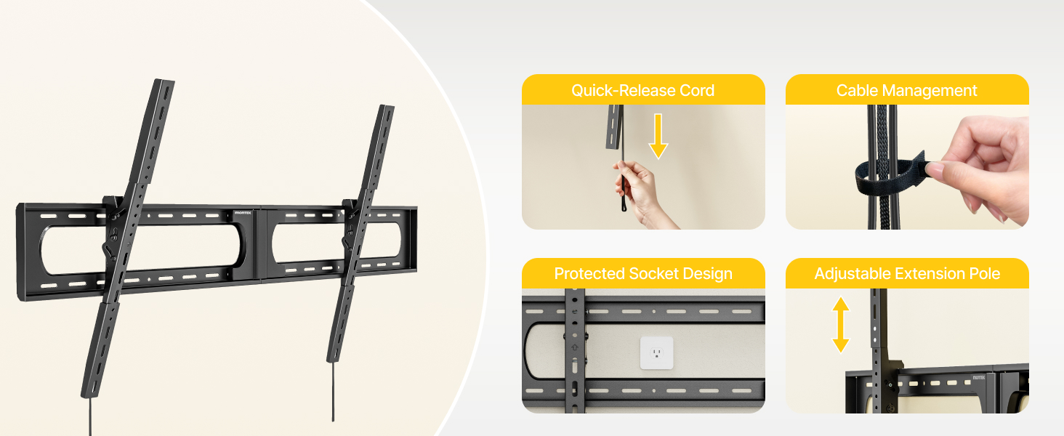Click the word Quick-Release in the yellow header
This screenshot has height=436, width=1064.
coord(623,90)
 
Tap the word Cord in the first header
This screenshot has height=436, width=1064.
coord(697,90)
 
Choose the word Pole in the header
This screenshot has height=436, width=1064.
coord(985,273)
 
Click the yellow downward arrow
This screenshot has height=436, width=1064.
coord(658,137)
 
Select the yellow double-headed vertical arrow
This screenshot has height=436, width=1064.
coord(841,325)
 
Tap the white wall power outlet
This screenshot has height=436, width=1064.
coord(656,353)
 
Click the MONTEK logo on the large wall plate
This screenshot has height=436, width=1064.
coord(243,213)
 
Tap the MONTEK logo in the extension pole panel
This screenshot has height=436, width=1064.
coord(978,378)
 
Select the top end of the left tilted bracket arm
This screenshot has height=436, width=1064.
coord(164,81)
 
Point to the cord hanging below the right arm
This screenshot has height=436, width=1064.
coord(333,392)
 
